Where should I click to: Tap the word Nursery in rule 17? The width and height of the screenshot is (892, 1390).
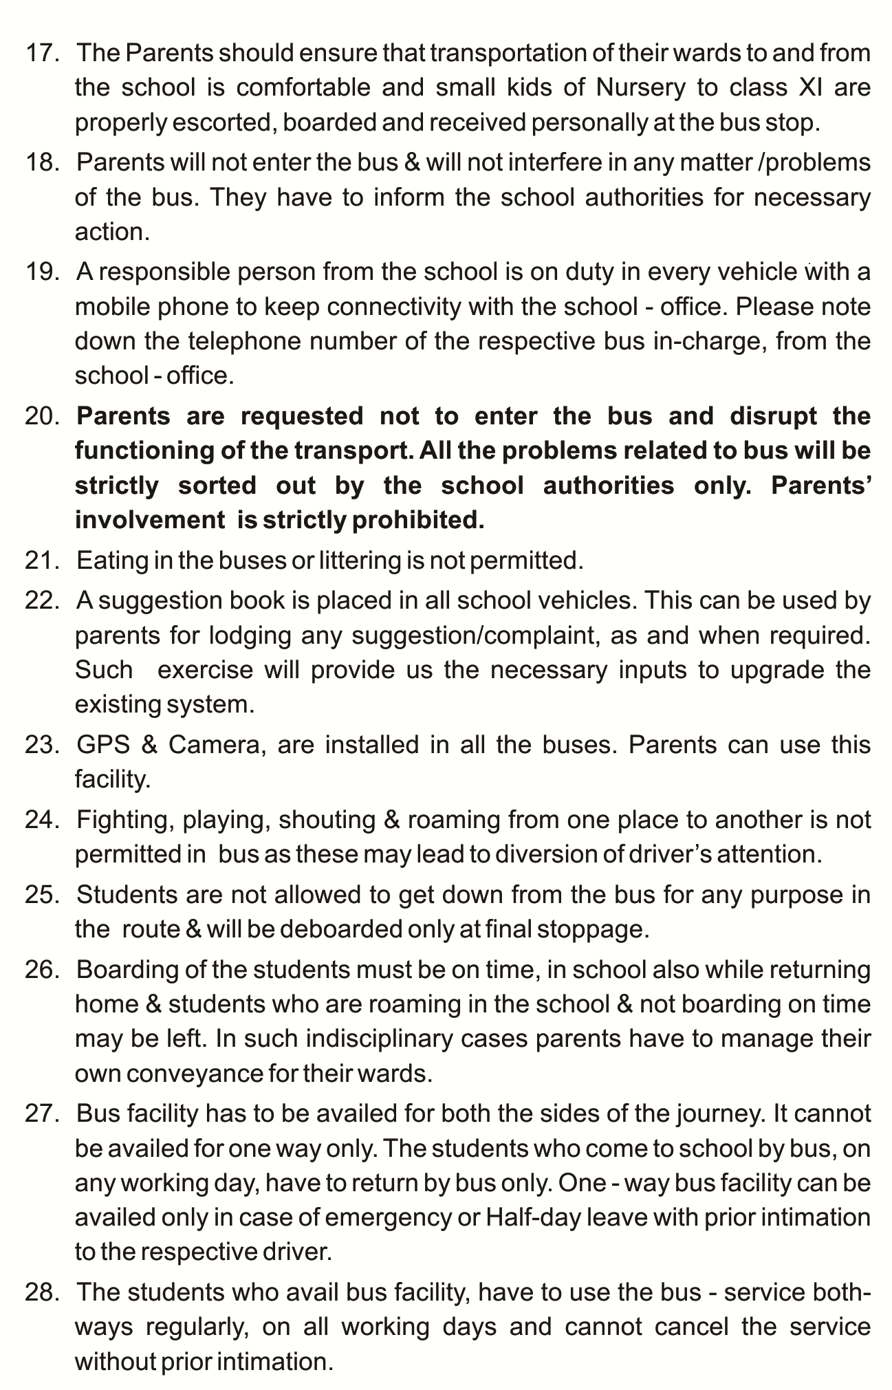pyautogui.click(x=641, y=88)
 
